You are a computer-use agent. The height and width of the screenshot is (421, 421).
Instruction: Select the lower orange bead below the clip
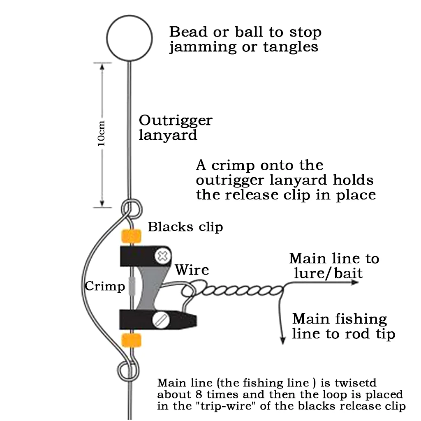point(131,340)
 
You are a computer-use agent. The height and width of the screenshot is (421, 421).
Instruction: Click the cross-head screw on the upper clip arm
point(163,256)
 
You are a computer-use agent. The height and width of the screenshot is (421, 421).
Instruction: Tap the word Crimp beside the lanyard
point(104,287)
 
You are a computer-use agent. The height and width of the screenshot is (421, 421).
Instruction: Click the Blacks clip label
point(185,227)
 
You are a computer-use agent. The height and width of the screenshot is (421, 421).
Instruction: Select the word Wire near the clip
point(192,270)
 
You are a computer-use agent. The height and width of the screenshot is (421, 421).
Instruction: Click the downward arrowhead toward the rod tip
point(282,340)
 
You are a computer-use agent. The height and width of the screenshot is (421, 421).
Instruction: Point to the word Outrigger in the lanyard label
point(176,121)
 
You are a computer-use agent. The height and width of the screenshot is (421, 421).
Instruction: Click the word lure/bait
point(328,273)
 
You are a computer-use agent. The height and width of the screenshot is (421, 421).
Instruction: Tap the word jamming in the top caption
point(200,47)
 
